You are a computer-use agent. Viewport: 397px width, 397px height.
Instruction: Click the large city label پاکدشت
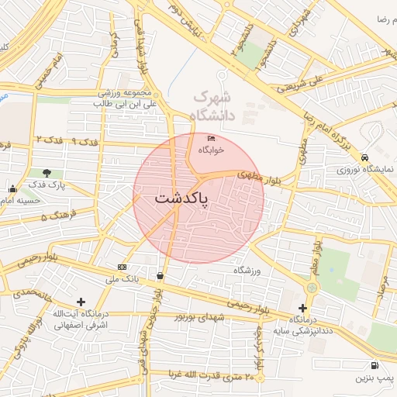182,198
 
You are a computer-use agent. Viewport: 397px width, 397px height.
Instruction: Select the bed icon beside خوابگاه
210,138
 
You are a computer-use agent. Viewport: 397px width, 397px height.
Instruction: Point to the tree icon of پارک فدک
47,173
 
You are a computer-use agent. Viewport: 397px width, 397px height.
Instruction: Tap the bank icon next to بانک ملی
123,267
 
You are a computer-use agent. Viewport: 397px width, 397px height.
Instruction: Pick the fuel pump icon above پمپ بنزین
375,365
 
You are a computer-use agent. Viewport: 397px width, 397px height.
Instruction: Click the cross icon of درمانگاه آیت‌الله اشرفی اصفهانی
81,302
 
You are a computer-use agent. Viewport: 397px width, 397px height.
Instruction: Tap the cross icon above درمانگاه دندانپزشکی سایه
302,308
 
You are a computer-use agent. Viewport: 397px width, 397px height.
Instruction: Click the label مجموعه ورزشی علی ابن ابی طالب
126,97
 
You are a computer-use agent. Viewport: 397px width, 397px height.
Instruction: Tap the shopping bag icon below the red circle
160,275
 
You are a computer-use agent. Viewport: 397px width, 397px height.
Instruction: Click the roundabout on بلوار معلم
312,288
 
